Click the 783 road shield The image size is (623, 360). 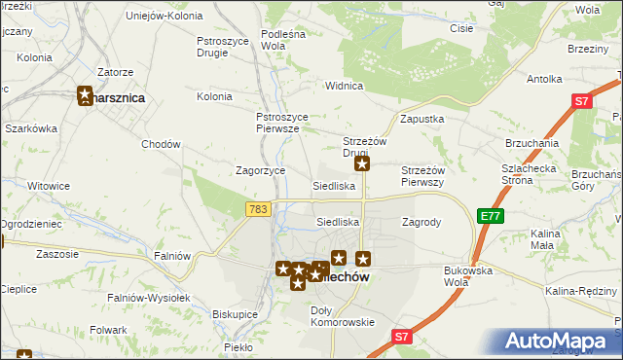point(259,209)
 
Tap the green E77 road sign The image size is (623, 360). point(491,216)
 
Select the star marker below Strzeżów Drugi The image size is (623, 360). point(361,165)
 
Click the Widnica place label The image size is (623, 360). point(344,86)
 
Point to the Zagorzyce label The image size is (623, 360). point(261,170)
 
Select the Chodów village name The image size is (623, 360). point(162,144)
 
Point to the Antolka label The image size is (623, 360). point(544,79)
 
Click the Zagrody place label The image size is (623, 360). point(421,222)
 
